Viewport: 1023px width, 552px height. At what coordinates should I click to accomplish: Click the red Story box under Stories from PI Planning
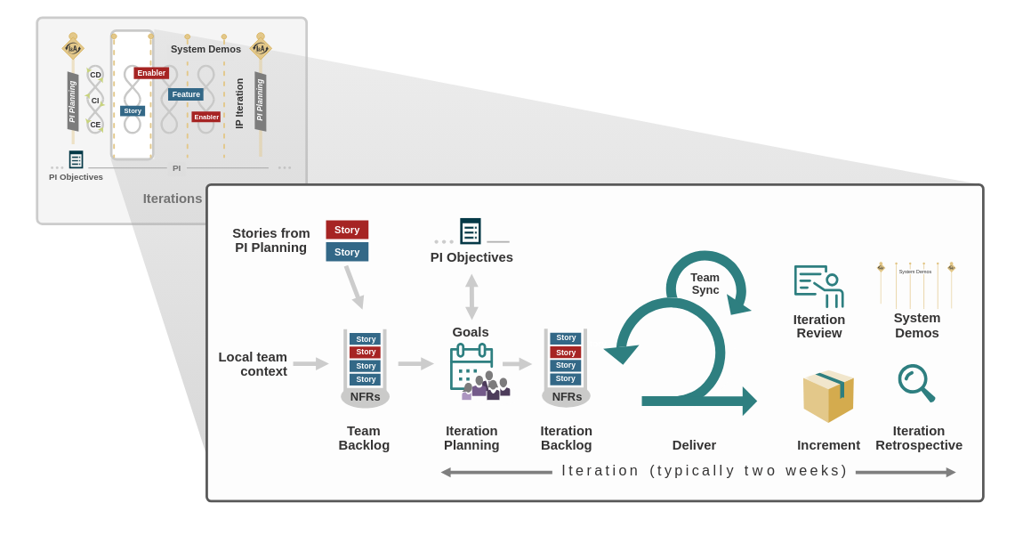[x=347, y=230]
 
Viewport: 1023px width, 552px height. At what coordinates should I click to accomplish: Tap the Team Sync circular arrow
[x=705, y=283]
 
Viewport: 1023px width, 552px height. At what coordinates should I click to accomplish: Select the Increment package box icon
[x=828, y=396]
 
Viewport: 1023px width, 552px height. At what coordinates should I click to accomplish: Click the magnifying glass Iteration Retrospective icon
[x=915, y=383]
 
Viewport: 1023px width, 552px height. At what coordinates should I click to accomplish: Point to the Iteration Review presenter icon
[x=818, y=286]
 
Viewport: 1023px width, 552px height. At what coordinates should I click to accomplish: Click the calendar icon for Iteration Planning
[x=471, y=367]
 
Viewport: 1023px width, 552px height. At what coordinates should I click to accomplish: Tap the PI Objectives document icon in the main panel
[x=471, y=231]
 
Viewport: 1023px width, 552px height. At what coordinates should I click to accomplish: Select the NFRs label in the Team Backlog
[x=365, y=397]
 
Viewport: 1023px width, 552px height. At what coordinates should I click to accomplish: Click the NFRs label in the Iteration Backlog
[x=567, y=397]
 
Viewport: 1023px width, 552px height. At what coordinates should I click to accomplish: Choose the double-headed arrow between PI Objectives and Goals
[x=471, y=296]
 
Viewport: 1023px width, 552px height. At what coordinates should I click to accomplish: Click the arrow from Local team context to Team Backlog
[x=310, y=363]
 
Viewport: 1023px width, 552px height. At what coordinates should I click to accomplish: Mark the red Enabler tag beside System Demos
[x=151, y=73]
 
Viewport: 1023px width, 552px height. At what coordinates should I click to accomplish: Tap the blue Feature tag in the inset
[x=186, y=94]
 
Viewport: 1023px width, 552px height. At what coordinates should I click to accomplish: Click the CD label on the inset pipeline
[x=95, y=75]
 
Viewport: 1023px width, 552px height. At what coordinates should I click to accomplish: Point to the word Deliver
[x=694, y=445]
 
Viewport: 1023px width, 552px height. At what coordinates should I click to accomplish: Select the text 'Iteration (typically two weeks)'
[x=705, y=471]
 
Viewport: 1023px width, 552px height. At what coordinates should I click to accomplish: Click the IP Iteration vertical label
[x=239, y=103]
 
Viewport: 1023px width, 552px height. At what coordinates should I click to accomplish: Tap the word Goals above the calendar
[x=471, y=332]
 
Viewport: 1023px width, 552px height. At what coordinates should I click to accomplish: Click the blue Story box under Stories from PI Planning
[x=347, y=252]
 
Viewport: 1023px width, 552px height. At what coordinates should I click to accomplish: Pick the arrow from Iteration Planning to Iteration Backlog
[x=517, y=363]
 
